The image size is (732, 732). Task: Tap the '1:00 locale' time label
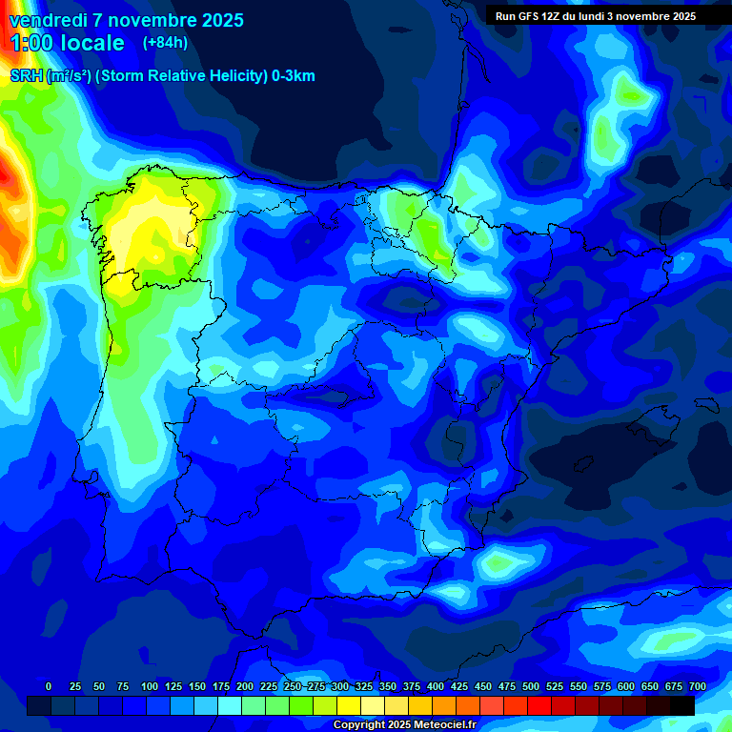pos(67,43)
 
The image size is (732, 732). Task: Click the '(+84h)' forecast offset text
pos(165,43)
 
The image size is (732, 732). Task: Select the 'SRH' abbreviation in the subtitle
pos(26,76)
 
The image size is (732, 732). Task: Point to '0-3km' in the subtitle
pos(293,76)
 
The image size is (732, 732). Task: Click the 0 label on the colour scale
pos(49,686)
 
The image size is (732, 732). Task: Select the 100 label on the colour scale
pos(149,686)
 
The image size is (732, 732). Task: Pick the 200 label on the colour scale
pos(245,686)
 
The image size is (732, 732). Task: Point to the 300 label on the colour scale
pos(340,686)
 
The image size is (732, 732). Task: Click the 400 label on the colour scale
pos(436,686)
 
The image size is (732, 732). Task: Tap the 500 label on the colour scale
pos(531,686)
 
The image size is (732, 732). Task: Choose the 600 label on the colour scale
pos(626,686)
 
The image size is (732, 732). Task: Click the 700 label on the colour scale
pos(697,686)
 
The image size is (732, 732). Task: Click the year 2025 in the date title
pos(220,20)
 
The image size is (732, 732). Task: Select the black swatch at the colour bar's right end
pos(681,705)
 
